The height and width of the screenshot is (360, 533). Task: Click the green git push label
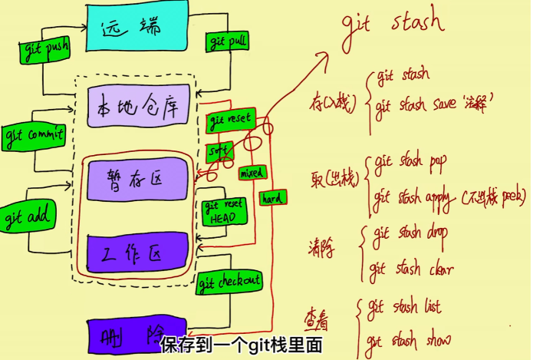click(x=44, y=51)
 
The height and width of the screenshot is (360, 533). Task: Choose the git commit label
click(x=35, y=137)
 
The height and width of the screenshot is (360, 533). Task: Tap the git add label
click(x=27, y=216)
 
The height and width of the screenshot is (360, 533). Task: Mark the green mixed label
click(x=251, y=173)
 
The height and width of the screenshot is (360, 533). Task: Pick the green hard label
click(x=272, y=197)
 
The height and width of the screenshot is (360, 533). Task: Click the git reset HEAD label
click(x=225, y=213)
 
